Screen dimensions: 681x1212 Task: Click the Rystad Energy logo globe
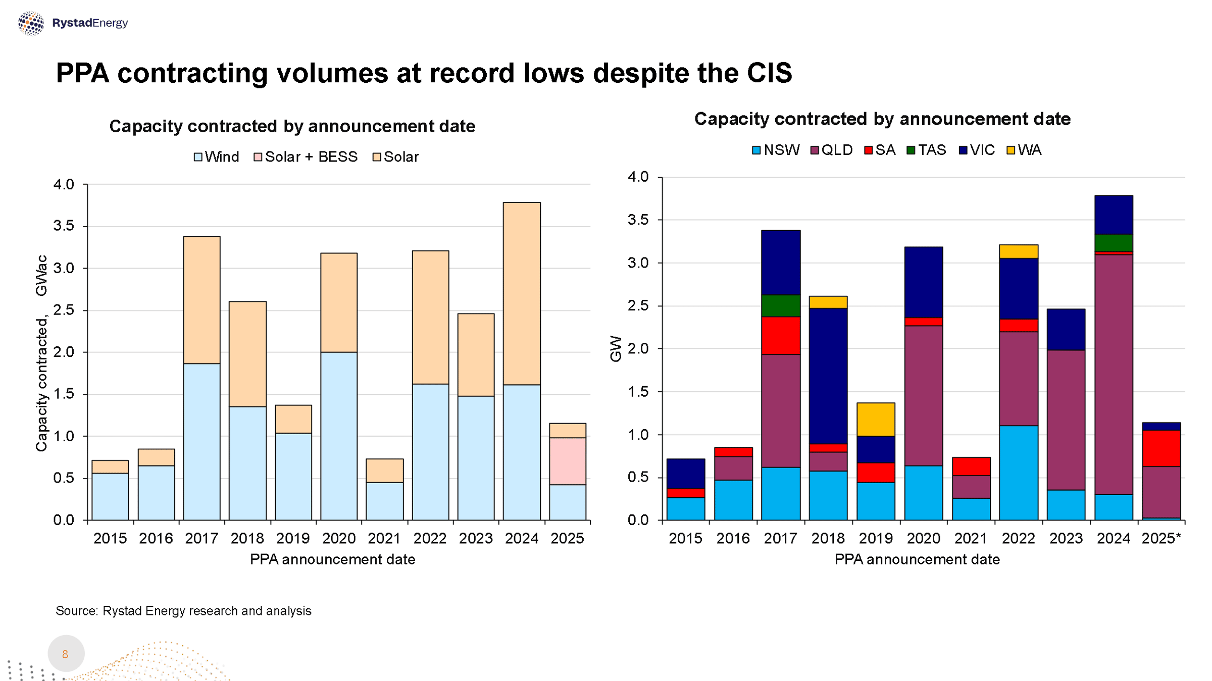click(31, 23)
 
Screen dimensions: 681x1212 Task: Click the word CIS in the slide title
click(769, 73)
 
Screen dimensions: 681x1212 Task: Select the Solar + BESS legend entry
click(306, 157)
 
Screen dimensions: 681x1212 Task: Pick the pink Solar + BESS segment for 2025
click(568, 461)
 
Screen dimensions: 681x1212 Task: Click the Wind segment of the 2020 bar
click(339, 436)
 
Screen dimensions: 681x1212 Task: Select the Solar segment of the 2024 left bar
click(522, 293)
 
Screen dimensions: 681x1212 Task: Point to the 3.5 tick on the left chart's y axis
click(64, 226)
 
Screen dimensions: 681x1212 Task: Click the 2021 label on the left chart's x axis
click(384, 539)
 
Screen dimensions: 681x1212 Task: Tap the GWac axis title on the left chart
click(41, 275)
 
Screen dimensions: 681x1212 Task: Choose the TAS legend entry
click(926, 150)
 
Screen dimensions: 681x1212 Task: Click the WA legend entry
click(1024, 150)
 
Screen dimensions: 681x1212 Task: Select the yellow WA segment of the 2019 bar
click(876, 419)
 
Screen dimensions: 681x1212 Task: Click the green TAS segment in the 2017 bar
click(781, 306)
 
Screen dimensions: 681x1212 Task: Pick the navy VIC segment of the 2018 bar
click(828, 376)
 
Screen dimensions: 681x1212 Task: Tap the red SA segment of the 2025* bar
click(1161, 448)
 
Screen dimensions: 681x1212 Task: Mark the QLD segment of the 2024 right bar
click(1114, 374)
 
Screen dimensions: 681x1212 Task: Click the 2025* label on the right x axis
click(1161, 539)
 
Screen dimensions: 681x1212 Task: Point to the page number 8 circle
click(66, 654)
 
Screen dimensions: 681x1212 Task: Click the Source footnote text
click(183, 611)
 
